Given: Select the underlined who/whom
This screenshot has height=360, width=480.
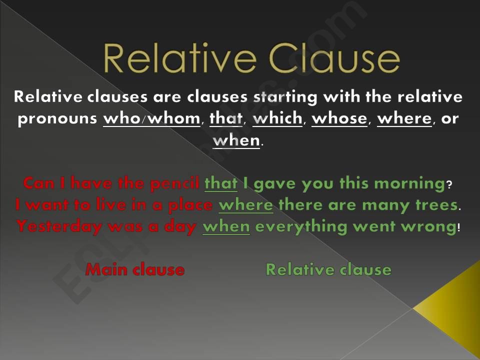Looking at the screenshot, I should pos(151,120).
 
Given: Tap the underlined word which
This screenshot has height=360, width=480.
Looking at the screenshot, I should pos(278,120).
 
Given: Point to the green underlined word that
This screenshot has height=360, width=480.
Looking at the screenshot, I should pos(221,183).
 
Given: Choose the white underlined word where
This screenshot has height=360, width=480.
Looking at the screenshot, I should pos(404,120).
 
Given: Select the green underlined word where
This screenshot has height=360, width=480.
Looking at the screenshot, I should pos(246,205).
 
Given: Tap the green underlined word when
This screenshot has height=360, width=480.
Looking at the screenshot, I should pos(226,226).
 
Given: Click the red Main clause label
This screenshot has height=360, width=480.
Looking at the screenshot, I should pos(135,270).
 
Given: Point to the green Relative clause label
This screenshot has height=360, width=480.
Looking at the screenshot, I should pos(328,270).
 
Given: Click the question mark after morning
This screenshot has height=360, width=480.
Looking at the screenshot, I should pos(449,185).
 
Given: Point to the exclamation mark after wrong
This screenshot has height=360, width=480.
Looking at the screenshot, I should pos(459,227).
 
